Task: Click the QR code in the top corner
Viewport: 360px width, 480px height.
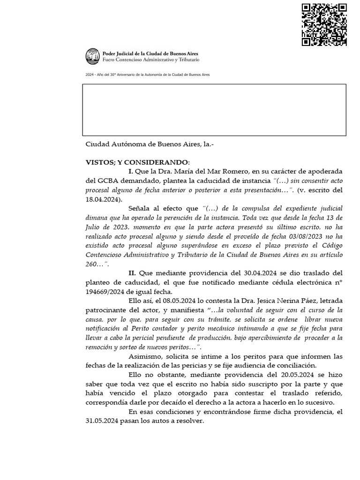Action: (x=324, y=25)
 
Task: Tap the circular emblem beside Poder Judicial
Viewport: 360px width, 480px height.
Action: (x=92, y=57)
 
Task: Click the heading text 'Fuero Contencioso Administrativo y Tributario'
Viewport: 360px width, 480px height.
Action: (x=151, y=60)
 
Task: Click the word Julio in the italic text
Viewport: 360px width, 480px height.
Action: (x=94, y=227)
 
